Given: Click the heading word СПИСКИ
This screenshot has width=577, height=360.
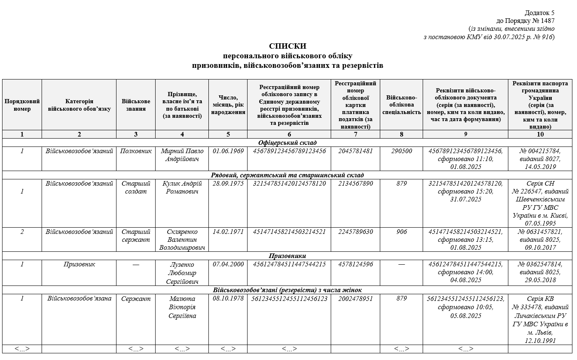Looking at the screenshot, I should (x=288, y=46).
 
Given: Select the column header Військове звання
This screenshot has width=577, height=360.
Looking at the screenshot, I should (x=136, y=105).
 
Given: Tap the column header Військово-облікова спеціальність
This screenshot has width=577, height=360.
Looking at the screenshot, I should (x=401, y=105).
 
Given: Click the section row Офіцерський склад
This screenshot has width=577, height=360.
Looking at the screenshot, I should (x=287, y=143).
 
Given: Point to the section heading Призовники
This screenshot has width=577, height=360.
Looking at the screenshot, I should (x=287, y=256).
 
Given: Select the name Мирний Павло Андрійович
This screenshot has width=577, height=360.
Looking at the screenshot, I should (x=182, y=155).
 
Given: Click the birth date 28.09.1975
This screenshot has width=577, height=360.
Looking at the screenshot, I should (x=228, y=184).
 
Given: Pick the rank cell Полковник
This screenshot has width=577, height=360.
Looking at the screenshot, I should (x=136, y=151).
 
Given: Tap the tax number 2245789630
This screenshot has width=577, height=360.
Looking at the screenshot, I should (x=356, y=232).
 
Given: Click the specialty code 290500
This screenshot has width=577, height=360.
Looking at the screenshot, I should (x=401, y=151).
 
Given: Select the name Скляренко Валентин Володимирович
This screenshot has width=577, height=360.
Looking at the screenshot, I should (x=182, y=240).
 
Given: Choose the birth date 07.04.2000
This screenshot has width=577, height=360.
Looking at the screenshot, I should (x=228, y=264).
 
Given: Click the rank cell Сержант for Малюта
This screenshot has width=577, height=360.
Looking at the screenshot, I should (x=136, y=299).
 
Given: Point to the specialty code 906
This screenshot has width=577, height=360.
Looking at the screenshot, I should (x=401, y=232).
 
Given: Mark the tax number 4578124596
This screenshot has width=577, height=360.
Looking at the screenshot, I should (x=356, y=264).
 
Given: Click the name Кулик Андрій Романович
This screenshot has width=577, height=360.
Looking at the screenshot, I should (x=182, y=187).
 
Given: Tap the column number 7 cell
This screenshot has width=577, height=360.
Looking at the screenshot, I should (x=356, y=134).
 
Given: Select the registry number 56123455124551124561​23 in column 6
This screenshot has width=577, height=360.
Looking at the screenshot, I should (x=290, y=299).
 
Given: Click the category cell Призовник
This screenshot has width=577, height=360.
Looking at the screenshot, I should (x=79, y=264).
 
